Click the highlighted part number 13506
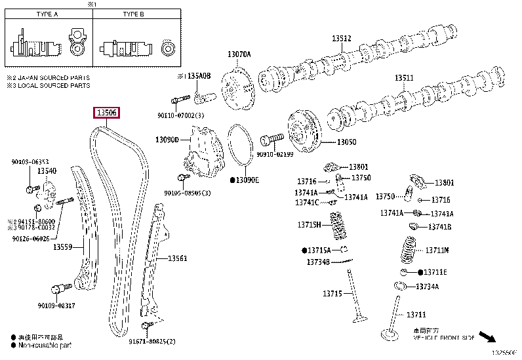click(107, 113)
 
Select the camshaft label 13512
click(341, 39)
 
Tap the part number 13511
click(404, 78)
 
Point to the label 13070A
click(239, 54)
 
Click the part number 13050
click(347, 142)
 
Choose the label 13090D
click(167, 140)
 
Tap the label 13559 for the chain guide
click(62, 247)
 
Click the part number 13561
click(176, 258)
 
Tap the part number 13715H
click(308, 225)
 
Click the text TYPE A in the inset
click(48, 13)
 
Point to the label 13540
click(47, 171)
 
